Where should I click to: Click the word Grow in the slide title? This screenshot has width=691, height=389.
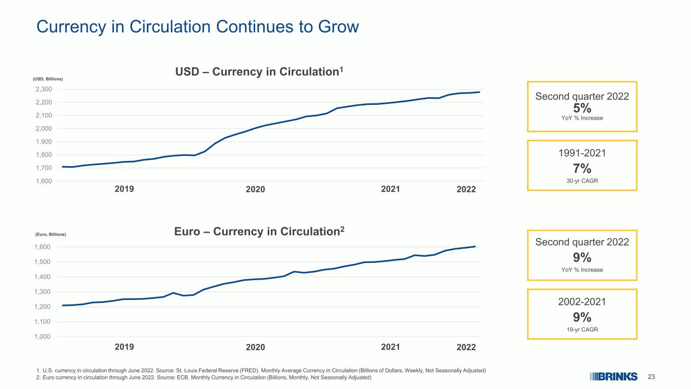338,26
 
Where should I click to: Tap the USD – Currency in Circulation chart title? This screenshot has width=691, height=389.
259,71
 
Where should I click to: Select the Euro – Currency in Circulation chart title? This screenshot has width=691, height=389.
259,231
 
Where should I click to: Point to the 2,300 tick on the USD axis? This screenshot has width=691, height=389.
44,89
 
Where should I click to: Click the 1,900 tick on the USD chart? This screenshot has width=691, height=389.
44,142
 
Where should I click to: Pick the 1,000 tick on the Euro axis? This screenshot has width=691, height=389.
42,336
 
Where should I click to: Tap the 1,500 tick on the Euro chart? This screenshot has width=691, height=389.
42,262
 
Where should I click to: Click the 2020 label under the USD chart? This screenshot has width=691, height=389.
256,189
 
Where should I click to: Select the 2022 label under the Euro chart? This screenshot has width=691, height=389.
466,347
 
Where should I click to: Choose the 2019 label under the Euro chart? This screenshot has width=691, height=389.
125,347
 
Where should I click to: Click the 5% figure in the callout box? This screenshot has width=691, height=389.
582,108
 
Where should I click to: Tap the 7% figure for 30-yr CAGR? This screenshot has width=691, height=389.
582,169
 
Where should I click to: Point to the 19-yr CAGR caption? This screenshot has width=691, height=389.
582,329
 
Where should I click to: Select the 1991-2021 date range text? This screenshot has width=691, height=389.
582,153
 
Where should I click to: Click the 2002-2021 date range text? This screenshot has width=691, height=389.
582,302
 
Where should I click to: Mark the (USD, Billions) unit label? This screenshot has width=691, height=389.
48,79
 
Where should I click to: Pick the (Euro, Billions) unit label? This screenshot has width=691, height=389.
51,235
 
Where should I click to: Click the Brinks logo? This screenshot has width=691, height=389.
614,377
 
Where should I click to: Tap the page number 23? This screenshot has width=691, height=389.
651,377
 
